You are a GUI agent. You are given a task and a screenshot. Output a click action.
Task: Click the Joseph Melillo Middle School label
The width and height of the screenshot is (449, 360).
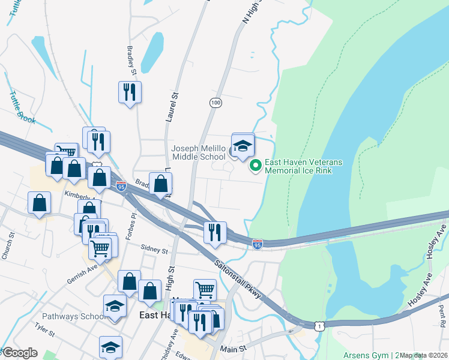(x=198, y=152)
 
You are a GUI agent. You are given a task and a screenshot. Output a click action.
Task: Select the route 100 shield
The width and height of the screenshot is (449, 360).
(x=215, y=103)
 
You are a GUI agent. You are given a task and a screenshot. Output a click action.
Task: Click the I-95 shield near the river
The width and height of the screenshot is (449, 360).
(x=257, y=244)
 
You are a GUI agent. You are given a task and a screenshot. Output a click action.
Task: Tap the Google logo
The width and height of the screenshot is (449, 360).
(x=20, y=353)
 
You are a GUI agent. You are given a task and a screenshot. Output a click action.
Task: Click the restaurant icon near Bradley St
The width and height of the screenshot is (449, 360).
(x=129, y=92)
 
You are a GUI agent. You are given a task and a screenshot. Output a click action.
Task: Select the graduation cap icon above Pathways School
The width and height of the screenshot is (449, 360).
(x=115, y=305)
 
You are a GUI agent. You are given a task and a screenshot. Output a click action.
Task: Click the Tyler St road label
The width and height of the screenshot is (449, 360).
(x=44, y=329)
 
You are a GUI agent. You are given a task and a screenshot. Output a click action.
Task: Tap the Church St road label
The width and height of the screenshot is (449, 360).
(x=7, y=247)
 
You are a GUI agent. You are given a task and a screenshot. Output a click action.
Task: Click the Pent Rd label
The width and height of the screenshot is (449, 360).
(x=441, y=316)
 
